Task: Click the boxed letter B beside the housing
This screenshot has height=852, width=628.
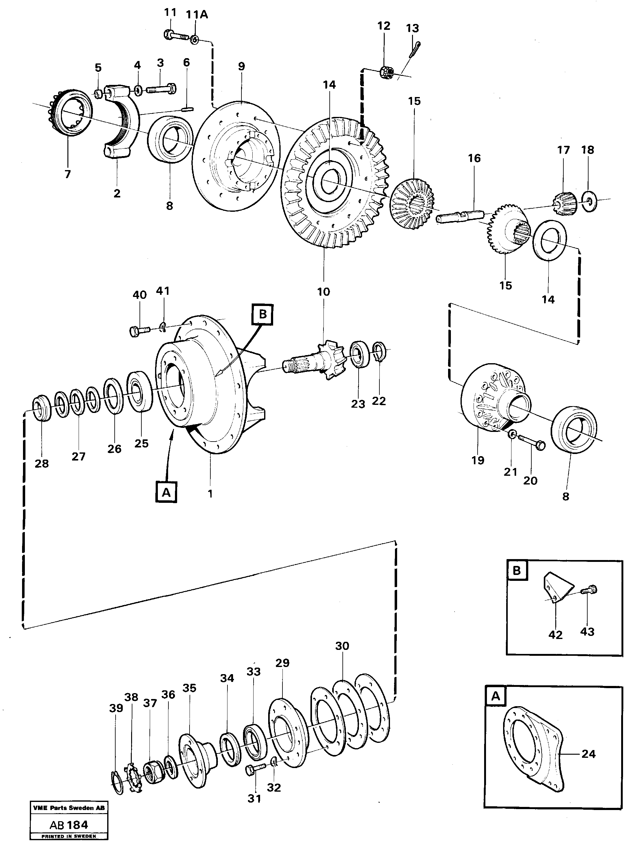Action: [262, 314]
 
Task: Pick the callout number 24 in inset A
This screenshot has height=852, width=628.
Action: [588, 753]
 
